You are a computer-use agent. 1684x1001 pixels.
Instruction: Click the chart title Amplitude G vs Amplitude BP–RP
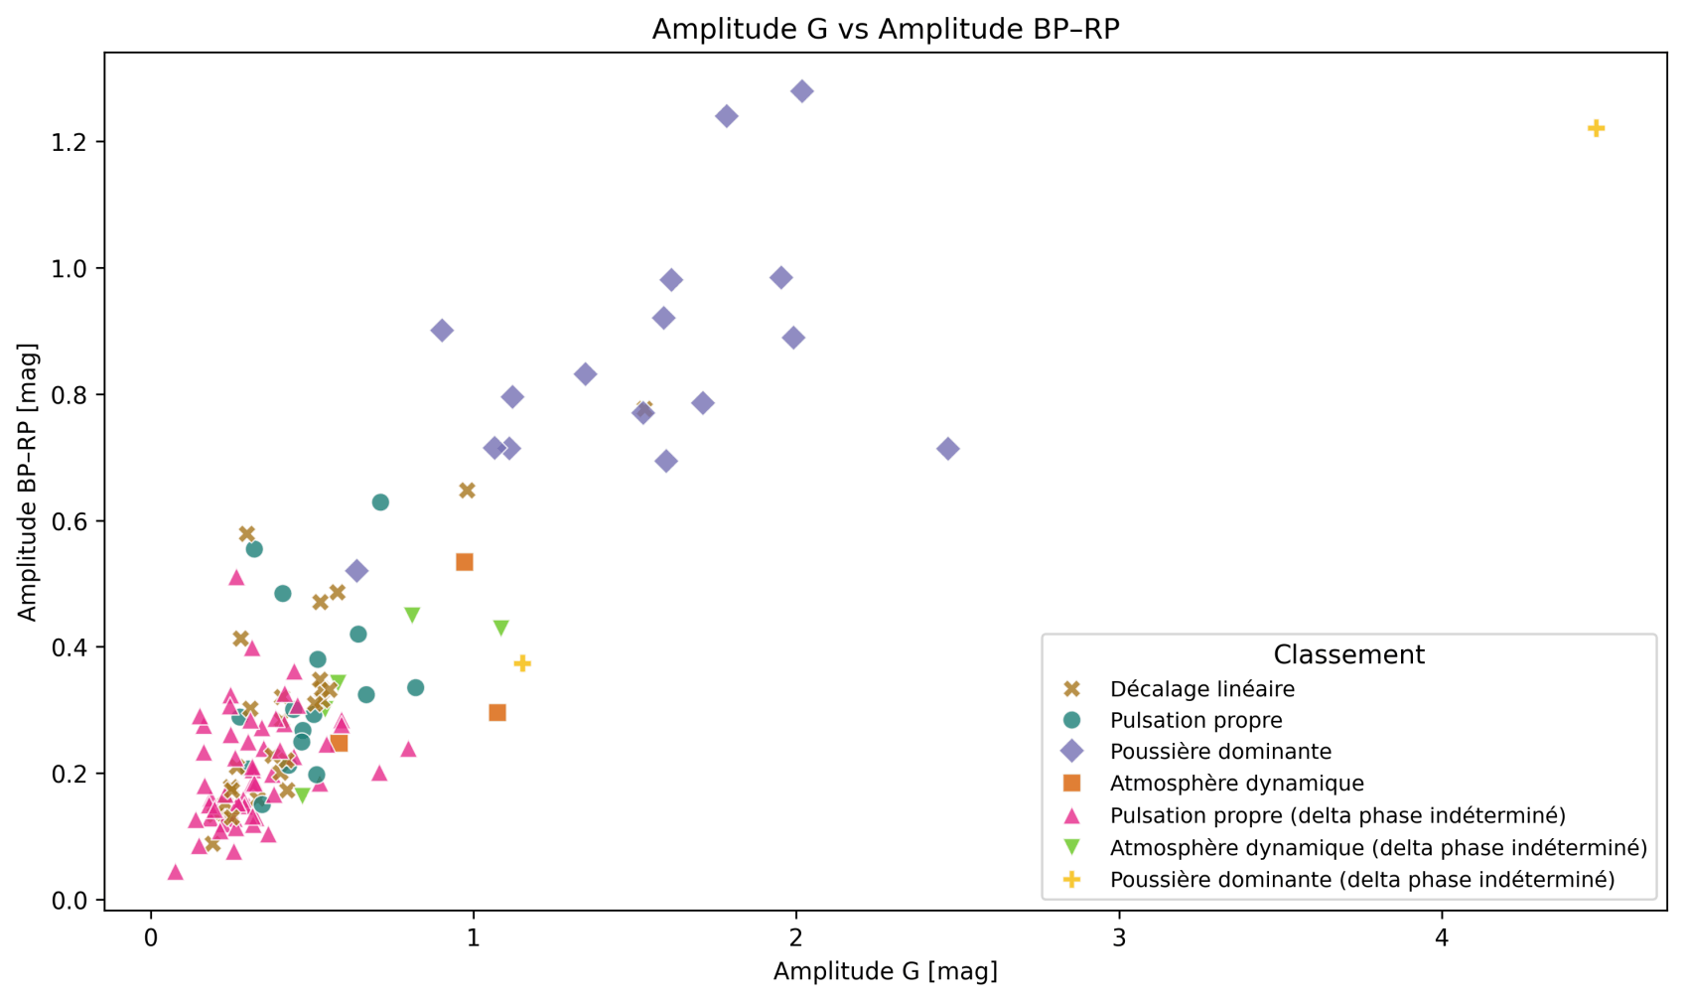click(x=885, y=29)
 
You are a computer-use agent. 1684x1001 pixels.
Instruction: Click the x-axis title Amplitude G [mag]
click(x=885, y=970)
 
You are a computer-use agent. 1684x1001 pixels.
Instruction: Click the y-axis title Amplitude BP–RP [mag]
click(x=27, y=483)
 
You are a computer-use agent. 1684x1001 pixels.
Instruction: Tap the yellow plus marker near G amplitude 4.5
click(x=1596, y=128)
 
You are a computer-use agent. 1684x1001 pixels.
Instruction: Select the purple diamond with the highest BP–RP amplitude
click(x=802, y=91)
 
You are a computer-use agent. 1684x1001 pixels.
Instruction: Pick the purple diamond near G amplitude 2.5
click(x=948, y=449)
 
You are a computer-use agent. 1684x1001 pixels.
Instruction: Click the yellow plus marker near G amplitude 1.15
click(x=522, y=663)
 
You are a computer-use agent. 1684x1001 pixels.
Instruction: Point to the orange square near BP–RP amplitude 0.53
click(x=465, y=562)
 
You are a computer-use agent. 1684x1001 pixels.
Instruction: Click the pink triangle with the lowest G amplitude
click(x=176, y=872)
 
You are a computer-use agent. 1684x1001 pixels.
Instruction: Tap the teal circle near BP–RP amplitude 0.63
click(x=380, y=502)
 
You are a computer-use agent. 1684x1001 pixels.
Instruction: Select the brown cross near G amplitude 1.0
click(x=468, y=491)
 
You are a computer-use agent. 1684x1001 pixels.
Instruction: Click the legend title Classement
click(x=1348, y=655)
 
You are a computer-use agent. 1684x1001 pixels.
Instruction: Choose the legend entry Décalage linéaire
click(x=1201, y=689)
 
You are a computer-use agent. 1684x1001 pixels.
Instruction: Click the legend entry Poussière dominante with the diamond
click(x=1220, y=752)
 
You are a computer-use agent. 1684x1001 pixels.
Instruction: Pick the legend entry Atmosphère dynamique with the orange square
click(x=1236, y=784)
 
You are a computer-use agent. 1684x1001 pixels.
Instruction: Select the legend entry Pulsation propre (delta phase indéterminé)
click(x=1336, y=815)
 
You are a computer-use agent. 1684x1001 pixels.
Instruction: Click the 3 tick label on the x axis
click(x=1119, y=938)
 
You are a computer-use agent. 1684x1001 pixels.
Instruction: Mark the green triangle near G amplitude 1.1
click(x=501, y=629)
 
